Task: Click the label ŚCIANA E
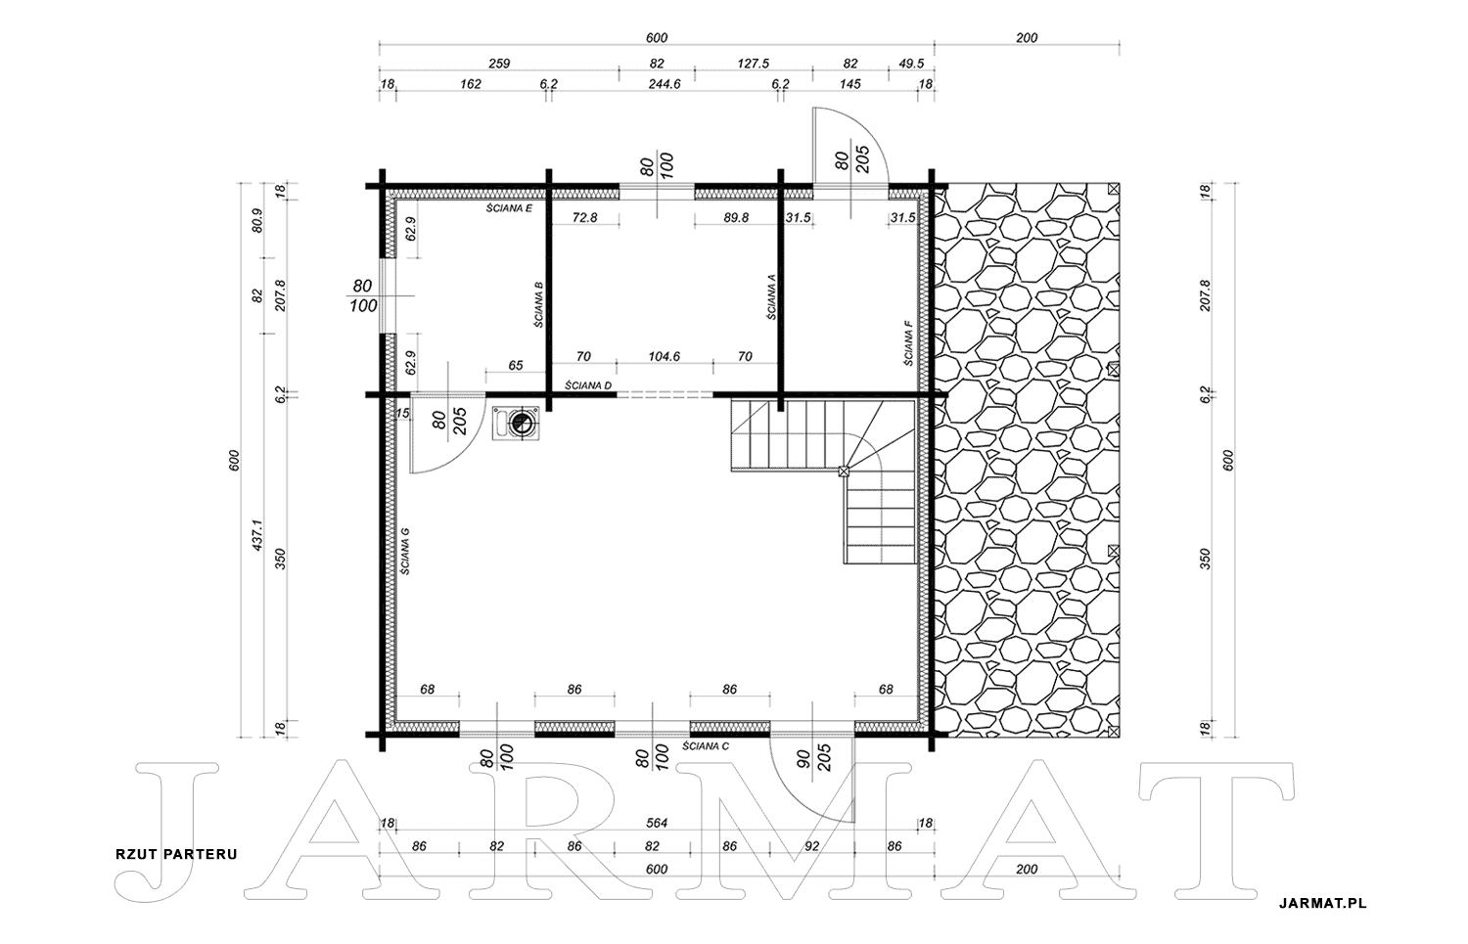point(509,208)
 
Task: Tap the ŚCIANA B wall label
point(538,304)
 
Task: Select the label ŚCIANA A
point(771,296)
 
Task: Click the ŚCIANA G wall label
point(405,551)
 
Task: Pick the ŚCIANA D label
point(588,385)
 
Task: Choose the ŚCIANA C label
point(706,745)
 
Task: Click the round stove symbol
point(523,424)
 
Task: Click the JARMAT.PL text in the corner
point(1322,903)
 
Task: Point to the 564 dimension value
point(657,824)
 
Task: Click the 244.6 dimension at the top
point(665,84)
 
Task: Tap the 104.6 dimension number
point(664,356)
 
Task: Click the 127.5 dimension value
point(753,64)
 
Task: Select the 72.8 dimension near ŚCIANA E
point(584,217)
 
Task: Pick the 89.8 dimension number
point(736,217)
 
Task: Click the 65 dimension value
point(516,366)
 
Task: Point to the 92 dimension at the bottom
point(812,846)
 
